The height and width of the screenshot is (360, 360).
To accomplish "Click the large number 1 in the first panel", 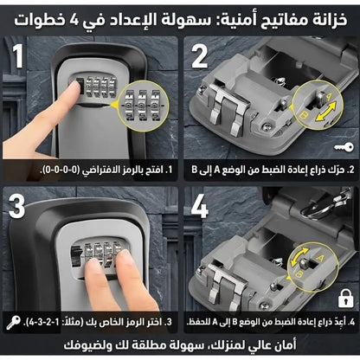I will [17, 61].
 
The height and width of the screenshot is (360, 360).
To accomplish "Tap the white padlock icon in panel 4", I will [345, 299].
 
